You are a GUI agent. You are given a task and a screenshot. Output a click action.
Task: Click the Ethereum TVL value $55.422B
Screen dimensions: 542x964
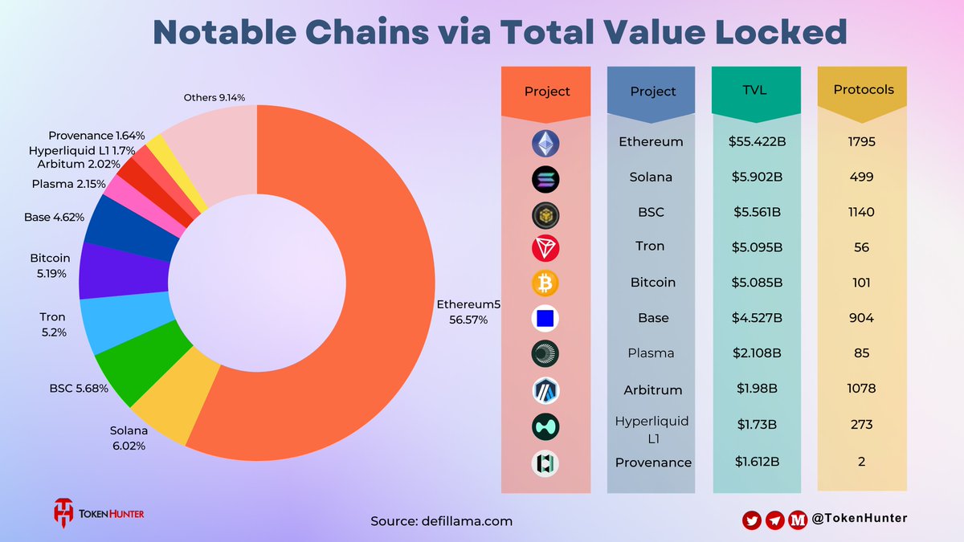(756, 142)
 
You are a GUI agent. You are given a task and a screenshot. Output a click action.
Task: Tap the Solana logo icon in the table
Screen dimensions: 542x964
(545, 179)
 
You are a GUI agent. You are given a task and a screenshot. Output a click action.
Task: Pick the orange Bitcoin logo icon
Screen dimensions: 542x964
(545, 283)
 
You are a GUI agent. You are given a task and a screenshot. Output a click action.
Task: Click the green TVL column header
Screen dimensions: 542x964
(756, 90)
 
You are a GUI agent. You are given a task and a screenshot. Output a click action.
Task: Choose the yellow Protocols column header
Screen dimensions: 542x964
(864, 90)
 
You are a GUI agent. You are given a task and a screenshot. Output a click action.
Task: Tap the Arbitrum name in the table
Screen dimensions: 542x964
(653, 390)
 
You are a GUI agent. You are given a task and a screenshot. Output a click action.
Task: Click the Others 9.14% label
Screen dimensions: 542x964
(214, 97)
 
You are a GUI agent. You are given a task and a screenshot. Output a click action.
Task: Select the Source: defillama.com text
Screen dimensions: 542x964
(441, 521)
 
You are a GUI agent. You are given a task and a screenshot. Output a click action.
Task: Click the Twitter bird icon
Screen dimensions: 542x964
(751, 520)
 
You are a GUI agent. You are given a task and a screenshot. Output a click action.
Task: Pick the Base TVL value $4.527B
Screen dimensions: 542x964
(756, 318)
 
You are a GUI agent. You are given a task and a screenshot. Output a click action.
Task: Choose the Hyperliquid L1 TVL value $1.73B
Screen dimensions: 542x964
(756, 426)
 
